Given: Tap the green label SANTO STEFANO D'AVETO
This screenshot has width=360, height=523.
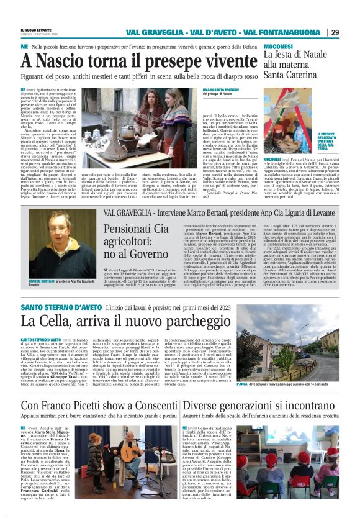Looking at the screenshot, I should [x=60, y=308].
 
